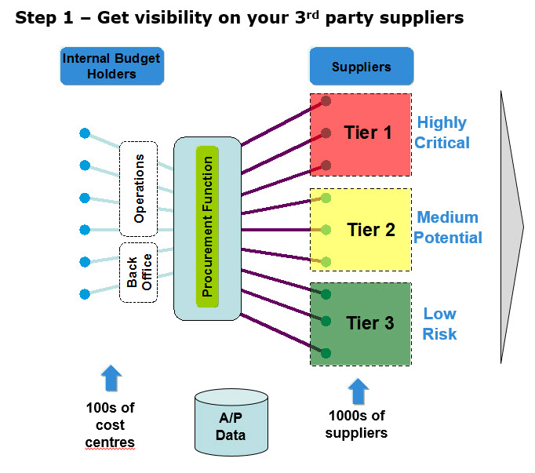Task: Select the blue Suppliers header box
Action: [x=361, y=67]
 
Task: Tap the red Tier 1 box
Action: [x=360, y=134]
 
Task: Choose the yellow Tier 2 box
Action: [x=360, y=229]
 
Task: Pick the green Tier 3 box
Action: [x=360, y=323]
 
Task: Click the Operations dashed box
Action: [x=139, y=189]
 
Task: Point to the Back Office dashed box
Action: [x=139, y=272]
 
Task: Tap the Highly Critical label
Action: [x=442, y=133]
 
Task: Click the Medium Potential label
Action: [x=448, y=227]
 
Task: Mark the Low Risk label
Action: [x=439, y=323]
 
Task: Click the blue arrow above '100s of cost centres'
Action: [x=111, y=378]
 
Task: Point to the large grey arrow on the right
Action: [x=511, y=227]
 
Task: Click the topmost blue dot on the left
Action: [x=85, y=133]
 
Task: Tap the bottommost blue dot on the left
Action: [x=85, y=294]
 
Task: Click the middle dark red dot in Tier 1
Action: [x=326, y=133]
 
